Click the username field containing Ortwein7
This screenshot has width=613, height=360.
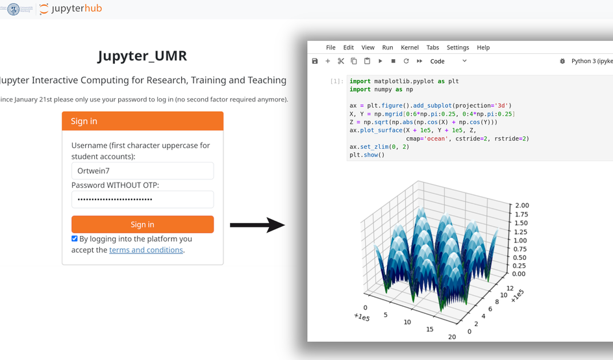pos(142,171)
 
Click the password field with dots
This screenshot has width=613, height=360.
pos(142,199)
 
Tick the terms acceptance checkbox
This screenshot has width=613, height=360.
pos(74,238)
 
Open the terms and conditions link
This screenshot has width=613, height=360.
pos(146,250)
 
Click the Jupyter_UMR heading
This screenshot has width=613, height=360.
pos(142,56)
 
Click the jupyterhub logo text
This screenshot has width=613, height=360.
pos(77,8)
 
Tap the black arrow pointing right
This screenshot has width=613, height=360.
pos(257,225)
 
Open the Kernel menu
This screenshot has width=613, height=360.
pos(410,47)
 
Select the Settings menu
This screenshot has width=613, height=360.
pos(458,47)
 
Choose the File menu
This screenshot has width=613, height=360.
pos(331,47)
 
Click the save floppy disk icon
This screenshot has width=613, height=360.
pos(315,61)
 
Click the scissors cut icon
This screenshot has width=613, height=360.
pos(341,61)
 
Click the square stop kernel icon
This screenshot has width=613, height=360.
pos(394,61)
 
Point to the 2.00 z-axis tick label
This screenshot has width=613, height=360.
pos(522,205)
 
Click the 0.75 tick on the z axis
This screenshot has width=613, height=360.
pos(520,249)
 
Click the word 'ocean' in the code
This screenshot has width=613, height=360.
pos(436,138)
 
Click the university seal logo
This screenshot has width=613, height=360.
pos(13,9)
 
